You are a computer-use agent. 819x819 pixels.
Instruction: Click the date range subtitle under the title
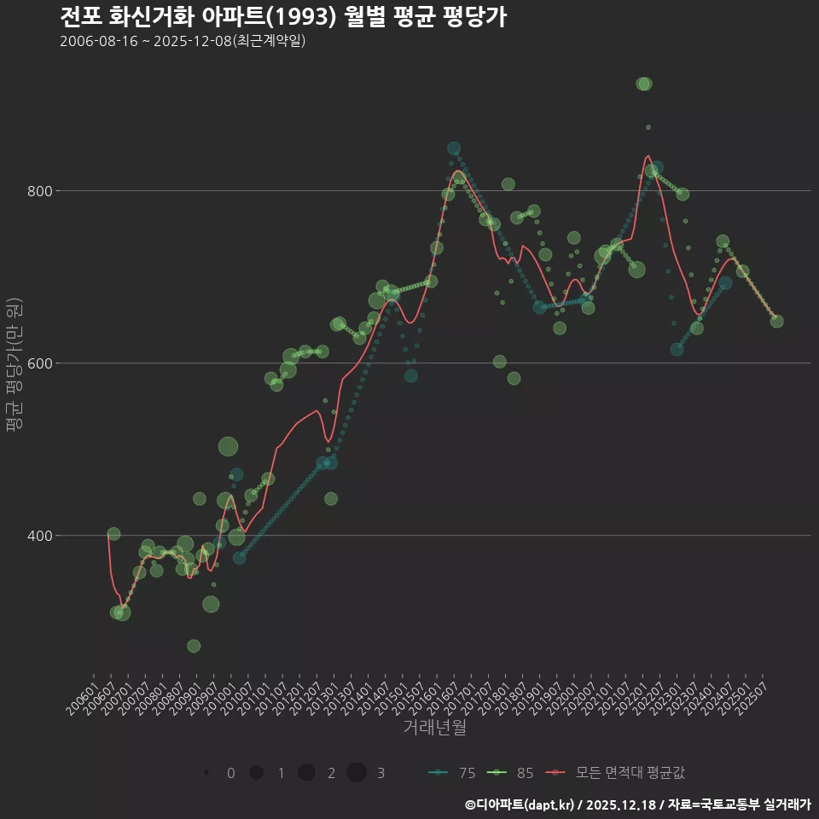[183, 42]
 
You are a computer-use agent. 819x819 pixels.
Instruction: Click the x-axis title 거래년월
[434, 728]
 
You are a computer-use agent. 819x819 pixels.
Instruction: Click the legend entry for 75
[452, 773]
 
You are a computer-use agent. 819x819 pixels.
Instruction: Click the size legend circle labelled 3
[357, 773]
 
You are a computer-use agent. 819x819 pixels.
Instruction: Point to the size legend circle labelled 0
[206, 773]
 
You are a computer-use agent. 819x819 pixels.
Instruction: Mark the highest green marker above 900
[644, 84]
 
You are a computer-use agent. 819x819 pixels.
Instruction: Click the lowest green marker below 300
[194, 646]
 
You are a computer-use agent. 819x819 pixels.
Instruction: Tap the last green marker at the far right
[776, 322]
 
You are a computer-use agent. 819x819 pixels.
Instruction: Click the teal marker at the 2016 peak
[454, 148]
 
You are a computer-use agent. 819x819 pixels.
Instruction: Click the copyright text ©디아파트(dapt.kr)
[520, 804]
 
